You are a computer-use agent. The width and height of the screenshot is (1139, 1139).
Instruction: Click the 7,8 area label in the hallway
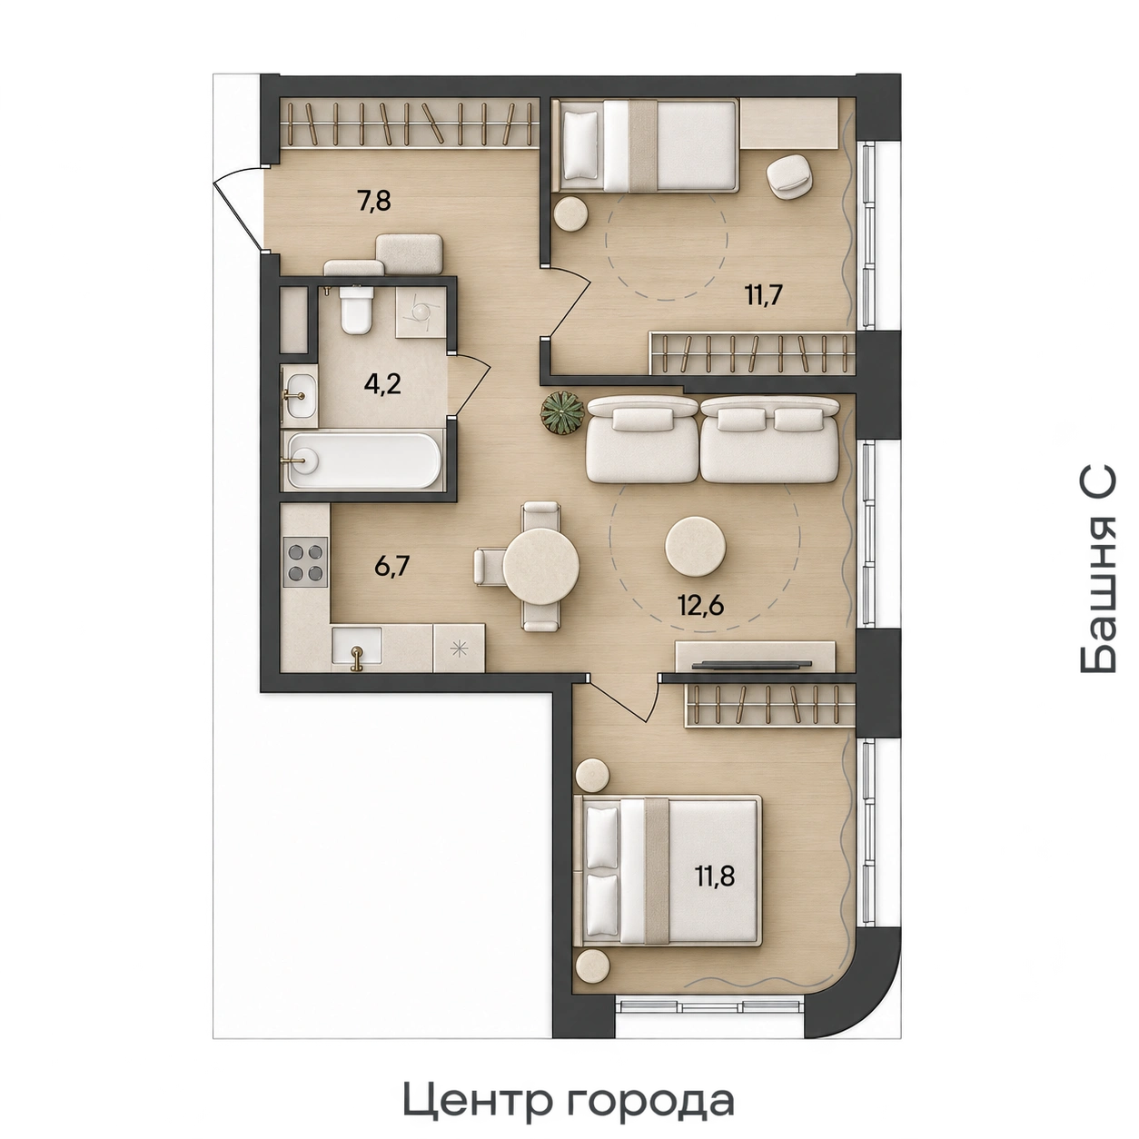[x=374, y=202]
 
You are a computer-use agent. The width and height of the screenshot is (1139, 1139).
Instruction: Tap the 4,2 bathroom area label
[x=382, y=384]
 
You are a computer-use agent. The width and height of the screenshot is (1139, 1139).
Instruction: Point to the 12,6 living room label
[x=701, y=606]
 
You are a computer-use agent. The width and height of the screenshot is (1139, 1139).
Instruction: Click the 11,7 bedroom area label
[x=764, y=294]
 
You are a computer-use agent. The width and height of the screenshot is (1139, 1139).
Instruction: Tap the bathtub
[x=363, y=461]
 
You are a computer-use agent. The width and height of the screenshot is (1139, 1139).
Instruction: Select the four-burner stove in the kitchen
[x=305, y=562]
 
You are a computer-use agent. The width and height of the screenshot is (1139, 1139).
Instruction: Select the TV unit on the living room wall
[x=756, y=658]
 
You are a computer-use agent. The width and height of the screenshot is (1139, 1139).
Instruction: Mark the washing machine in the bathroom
[x=421, y=312]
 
